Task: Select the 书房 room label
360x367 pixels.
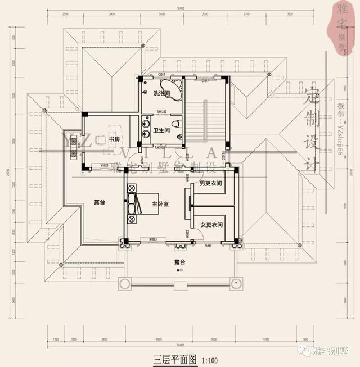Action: pos(114,139)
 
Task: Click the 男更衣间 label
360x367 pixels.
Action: pos(210,184)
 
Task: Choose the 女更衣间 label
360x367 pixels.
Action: pos(211,225)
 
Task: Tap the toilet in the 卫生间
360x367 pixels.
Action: pos(176,123)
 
